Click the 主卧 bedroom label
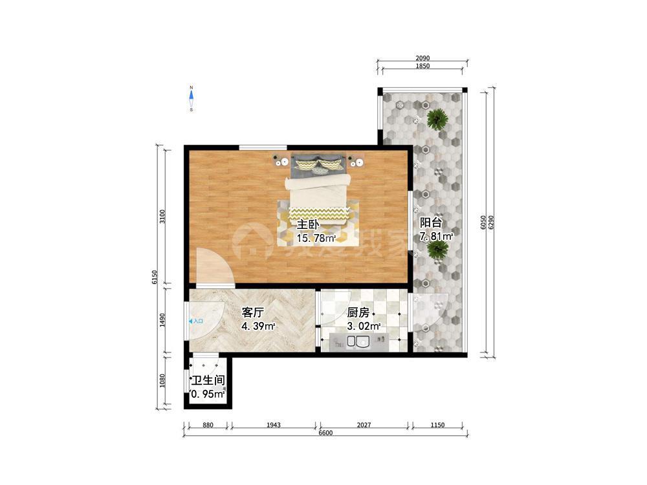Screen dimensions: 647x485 [x=308, y=225]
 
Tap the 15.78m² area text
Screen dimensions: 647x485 [x=316, y=239]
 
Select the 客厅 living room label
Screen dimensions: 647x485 [x=252, y=312]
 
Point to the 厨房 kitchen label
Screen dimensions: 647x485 [x=358, y=312]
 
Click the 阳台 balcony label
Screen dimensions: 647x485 [x=431, y=222]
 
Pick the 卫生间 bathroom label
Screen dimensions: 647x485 [x=208, y=380]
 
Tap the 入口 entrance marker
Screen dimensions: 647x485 [x=196, y=321]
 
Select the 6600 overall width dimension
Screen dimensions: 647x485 [x=325, y=433]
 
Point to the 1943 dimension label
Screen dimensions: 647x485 [x=274, y=425]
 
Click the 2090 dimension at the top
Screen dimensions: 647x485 [x=422, y=58]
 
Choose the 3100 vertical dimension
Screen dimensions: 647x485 [x=162, y=217]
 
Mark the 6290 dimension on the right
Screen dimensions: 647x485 [x=490, y=222]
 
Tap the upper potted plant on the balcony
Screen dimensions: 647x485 [x=437, y=119]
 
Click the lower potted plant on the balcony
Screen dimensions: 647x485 [x=438, y=250]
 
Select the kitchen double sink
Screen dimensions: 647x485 [x=358, y=342]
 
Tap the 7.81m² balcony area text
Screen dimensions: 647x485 [x=437, y=237]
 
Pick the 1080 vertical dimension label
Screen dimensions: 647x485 [x=162, y=381]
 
